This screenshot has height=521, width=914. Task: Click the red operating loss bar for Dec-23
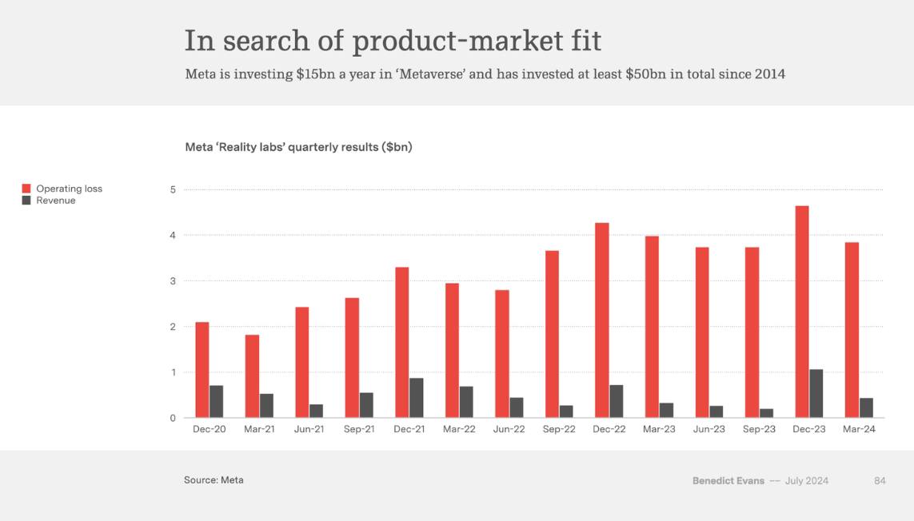801,312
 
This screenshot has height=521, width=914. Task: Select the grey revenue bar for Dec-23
816,393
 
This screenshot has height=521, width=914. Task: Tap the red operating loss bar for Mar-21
252,376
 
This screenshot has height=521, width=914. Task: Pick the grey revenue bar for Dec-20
216,401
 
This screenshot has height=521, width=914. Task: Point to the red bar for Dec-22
601,320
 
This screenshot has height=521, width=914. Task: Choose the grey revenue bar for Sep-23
766,413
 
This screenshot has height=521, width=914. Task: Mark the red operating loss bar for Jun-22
501,353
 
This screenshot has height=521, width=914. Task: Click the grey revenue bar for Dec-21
416,397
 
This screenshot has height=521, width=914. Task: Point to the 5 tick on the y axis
172,189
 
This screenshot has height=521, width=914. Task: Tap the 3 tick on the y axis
172,281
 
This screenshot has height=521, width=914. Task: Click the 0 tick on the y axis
172,418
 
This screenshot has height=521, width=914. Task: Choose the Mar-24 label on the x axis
859,430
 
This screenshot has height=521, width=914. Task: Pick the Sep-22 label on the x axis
559,430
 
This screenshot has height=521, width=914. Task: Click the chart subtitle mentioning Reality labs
298,147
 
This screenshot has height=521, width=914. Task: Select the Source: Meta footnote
214,480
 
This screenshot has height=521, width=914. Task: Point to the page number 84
880,480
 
